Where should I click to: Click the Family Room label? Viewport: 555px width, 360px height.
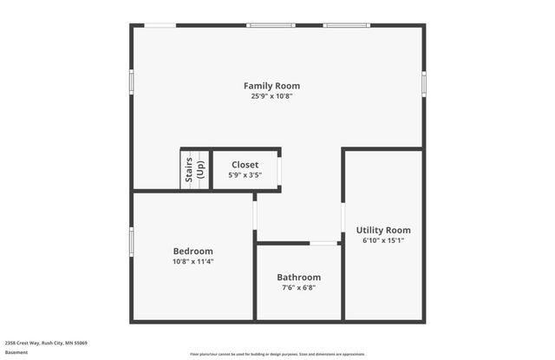click(271, 86)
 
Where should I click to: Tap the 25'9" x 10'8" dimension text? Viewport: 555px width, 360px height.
click(271, 96)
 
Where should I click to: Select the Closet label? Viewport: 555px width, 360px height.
click(245, 164)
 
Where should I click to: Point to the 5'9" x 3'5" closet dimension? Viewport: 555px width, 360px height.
click(245, 174)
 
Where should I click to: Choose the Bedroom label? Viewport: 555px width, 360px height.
click(193, 251)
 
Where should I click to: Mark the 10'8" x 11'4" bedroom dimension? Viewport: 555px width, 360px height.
click(193, 261)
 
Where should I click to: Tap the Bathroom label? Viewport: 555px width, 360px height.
click(299, 277)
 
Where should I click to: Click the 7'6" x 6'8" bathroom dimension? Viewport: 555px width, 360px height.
click(299, 287)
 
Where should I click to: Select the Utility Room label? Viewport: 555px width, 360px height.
click(382, 230)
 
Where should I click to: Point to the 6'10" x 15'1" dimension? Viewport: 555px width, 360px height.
click(382, 240)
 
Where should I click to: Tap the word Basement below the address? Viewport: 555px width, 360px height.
click(16, 352)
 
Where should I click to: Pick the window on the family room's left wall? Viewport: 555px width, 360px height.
click(132, 81)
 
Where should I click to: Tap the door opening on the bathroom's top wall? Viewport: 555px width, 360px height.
click(324, 243)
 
